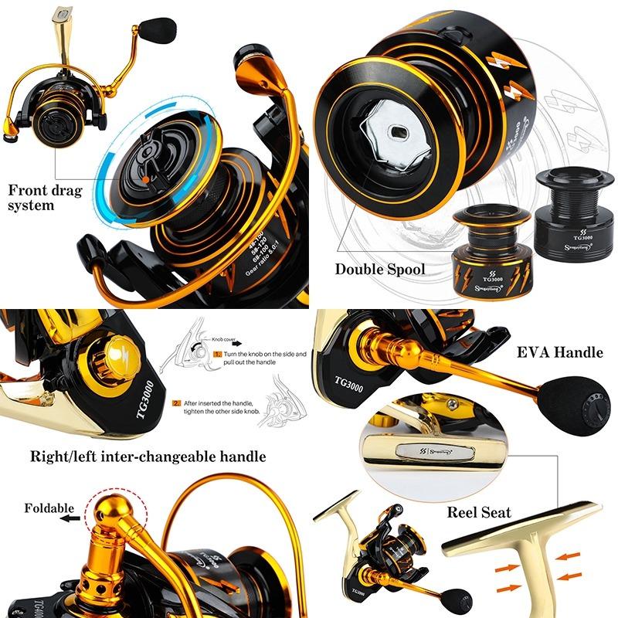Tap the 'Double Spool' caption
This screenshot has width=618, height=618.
(380, 270)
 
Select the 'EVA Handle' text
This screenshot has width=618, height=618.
(559, 352)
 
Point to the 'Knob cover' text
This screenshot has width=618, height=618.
(229, 338)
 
